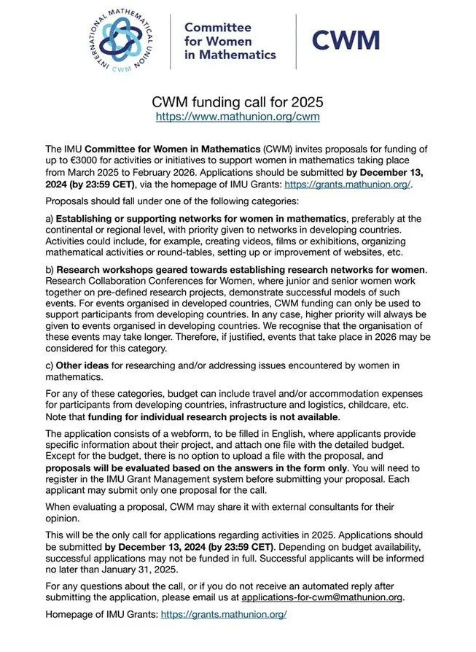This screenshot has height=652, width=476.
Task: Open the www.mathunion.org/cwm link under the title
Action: coord(238,116)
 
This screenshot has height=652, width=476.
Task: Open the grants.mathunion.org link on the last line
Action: coord(223,615)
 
